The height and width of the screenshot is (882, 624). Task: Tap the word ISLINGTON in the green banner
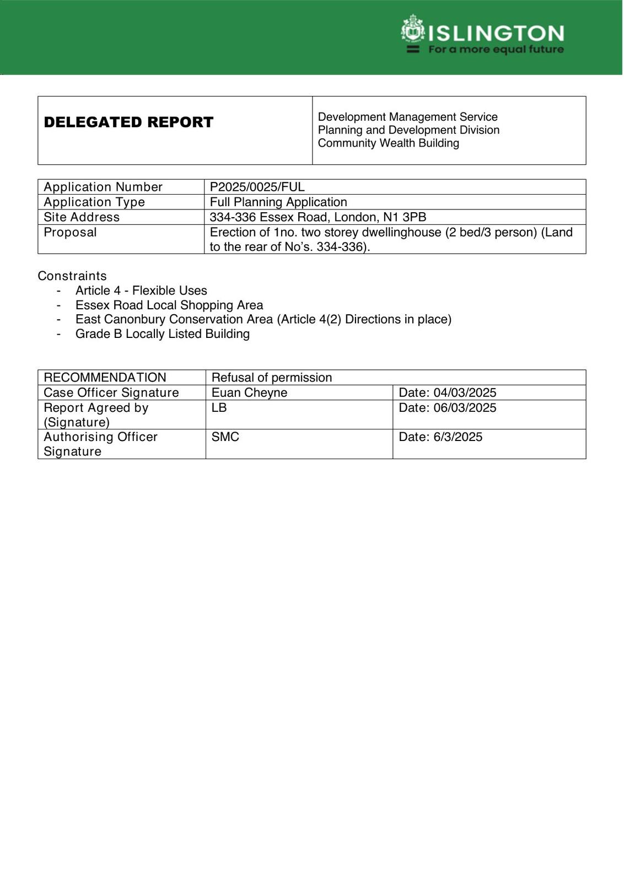(496, 34)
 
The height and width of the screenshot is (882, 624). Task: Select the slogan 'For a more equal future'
(496, 50)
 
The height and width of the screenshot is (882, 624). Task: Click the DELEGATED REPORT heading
(128, 122)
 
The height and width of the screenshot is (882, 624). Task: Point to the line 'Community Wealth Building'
(389, 143)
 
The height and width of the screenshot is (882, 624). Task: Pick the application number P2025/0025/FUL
(257, 187)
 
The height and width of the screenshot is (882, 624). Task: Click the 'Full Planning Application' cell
(278, 202)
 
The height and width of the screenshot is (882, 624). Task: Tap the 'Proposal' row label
(70, 232)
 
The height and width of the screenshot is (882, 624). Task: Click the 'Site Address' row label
(82, 217)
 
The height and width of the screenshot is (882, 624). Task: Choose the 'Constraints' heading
(72, 276)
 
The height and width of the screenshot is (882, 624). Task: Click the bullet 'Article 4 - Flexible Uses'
(141, 291)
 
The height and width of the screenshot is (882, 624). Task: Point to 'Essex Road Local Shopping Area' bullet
(169, 305)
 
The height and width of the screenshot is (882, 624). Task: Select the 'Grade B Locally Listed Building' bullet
(163, 334)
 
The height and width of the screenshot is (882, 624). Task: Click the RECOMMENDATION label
(105, 378)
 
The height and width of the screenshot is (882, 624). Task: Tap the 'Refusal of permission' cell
(272, 378)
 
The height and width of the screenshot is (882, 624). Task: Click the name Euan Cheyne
(249, 392)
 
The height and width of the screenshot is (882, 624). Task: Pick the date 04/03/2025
(465, 392)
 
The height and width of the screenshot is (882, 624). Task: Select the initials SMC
(225, 437)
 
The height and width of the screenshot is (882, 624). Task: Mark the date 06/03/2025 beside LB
(465, 407)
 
